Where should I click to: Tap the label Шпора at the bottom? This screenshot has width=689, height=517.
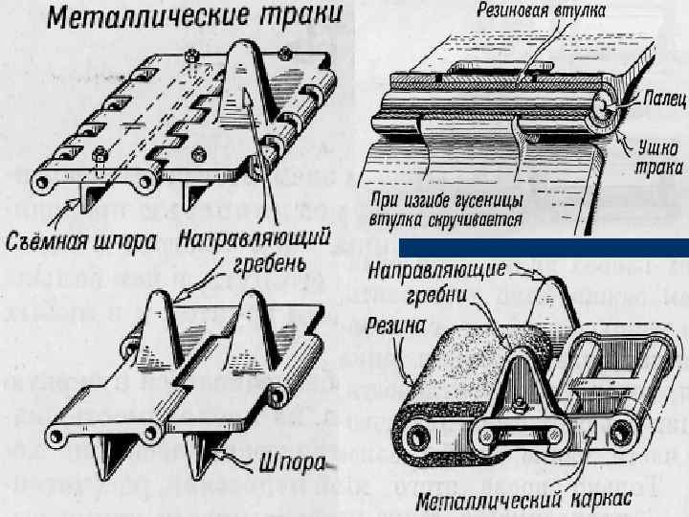[x=285, y=468]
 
